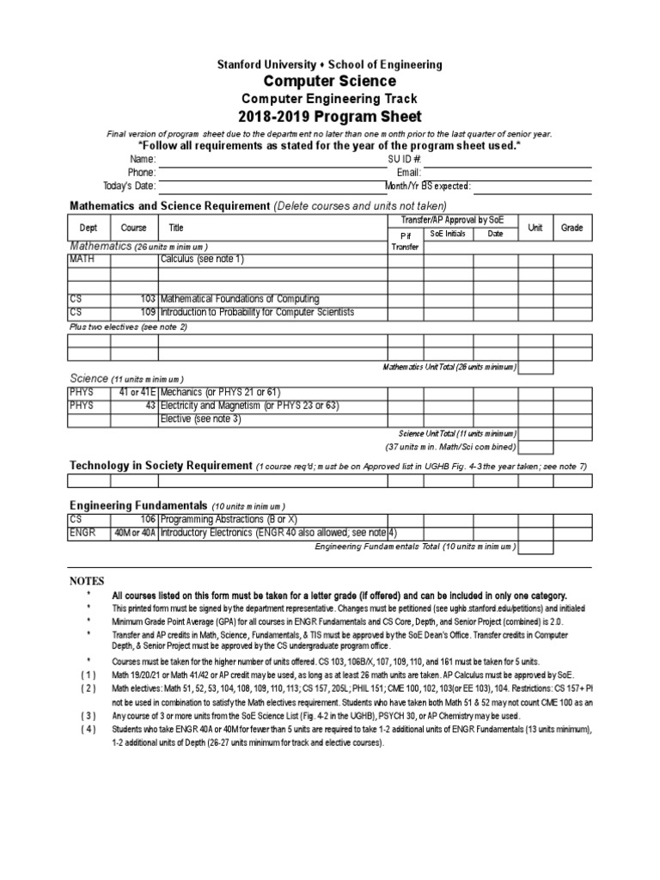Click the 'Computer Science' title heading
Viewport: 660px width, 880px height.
[329, 82]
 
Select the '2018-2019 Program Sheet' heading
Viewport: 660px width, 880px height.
[329, 117]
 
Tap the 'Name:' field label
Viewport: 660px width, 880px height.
[143, 160]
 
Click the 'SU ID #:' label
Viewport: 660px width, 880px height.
[404, 160]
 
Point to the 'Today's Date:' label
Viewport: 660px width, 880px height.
[129, 186]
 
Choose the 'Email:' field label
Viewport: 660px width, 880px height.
[408, 173]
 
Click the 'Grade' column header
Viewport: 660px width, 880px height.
[572, 228]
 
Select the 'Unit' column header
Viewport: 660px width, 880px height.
[535, 228]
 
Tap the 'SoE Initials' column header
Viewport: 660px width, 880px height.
[444, 234]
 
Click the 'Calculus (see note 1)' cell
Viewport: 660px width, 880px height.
[202, 259]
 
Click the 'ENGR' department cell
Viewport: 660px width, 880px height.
[81, 533]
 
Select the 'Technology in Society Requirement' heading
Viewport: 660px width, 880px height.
[160, 466]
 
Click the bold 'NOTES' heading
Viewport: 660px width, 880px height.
[86, 582]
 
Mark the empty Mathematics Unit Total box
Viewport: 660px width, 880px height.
[535, 368]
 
